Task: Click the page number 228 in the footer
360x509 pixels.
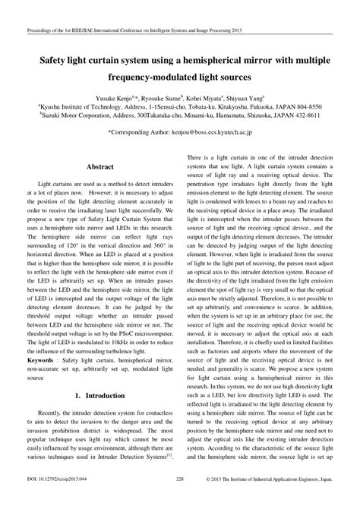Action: pyautogui.click(x=180, y=501)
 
